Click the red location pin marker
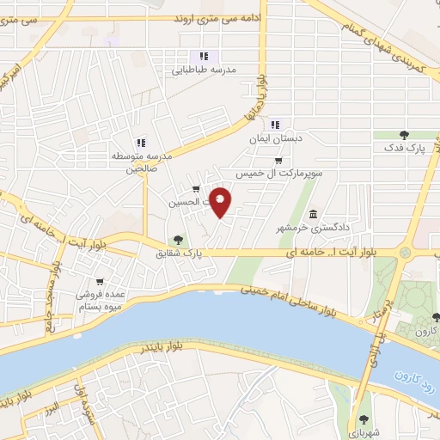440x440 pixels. tap(222, 201)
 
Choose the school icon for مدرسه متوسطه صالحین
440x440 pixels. tap(140, 143)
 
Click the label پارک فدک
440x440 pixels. tap(405, 150)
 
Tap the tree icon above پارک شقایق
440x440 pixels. tap(178, 240)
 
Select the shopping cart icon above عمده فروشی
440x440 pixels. tap(101, 281)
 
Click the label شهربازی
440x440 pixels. tap(366, 434)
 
